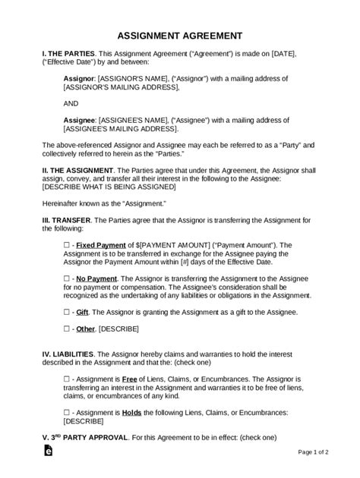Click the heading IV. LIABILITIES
pos(47,354)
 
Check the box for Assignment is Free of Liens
pos(66,379)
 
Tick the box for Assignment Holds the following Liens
pos(66,412)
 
